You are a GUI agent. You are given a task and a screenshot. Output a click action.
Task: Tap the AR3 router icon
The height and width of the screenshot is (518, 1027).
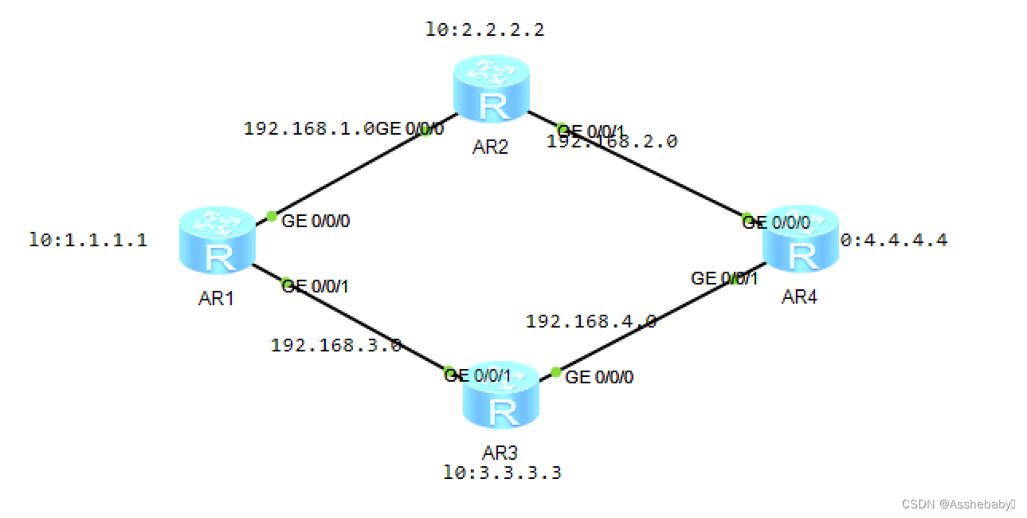coord(501,402)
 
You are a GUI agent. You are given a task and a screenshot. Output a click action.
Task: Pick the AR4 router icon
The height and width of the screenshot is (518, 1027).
coord(801,244)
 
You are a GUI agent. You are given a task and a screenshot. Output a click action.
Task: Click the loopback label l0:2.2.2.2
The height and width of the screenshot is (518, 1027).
coord(486,31)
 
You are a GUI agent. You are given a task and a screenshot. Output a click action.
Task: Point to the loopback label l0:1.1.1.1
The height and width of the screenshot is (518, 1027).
coord(88,240)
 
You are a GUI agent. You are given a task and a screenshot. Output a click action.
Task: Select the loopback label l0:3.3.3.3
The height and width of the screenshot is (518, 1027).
coord(503,473)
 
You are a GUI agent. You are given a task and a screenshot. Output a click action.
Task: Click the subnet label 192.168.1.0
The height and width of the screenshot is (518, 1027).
coord(309,128)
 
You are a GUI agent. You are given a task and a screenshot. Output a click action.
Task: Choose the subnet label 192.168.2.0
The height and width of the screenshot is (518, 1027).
coord(612,142)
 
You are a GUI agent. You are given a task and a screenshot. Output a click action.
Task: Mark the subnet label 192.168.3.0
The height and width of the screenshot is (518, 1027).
coord(335,345)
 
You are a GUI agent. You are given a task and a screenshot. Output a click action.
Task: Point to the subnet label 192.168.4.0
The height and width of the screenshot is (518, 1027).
coord(591,321)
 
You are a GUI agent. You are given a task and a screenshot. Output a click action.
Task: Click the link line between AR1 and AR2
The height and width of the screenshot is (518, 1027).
coord(351,171)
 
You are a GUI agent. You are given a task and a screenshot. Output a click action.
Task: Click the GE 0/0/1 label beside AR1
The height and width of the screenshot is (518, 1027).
coord(316,286)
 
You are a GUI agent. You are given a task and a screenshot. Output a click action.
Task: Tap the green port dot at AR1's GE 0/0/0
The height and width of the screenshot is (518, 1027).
coord(272,216)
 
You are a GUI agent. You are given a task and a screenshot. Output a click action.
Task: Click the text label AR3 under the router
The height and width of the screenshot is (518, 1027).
coord(500,453)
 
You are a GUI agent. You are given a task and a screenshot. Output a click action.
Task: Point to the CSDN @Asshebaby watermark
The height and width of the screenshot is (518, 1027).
coord(958,504)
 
